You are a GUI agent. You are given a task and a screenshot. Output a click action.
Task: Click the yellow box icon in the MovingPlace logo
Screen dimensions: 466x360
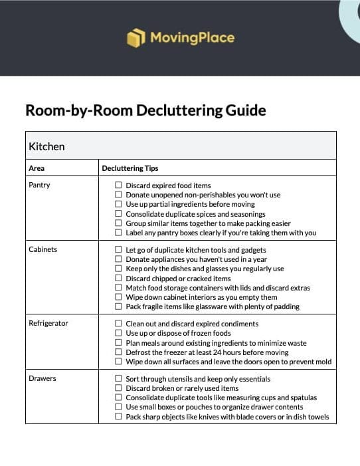pyautogui.click(x=135, y=38)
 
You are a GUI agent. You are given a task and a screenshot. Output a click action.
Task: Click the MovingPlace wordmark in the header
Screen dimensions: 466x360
pyautogui.click(x=192, y=38)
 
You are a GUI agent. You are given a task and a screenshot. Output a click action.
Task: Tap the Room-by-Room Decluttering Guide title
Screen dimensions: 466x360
pyautogui.click(x=145, y=110)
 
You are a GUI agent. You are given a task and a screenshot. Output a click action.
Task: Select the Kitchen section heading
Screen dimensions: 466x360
pyautogui.click(x=46, y=146)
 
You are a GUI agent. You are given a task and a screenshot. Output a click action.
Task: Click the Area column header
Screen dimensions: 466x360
pyautogui.click(x=37, y=168)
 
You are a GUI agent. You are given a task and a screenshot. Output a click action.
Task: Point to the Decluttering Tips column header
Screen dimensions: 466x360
pyautogui.click(x=130, y=168)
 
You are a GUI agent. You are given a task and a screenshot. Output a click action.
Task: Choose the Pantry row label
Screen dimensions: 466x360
pyautogui.click(x=39, y=185)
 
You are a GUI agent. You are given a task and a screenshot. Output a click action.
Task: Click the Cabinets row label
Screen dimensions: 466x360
pyautogui.click(x=43, y=249)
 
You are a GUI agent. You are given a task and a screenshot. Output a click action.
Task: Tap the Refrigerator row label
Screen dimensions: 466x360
pyautogui.click(x=48, y=323)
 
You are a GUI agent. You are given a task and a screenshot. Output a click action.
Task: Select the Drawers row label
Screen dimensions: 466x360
pyautogui.click(x=42, y=378)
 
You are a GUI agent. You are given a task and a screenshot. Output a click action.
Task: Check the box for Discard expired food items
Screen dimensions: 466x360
pyautogui.click(x=118, y=185)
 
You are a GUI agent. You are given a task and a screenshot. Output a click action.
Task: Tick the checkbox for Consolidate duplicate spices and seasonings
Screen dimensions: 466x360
pyautogui.click(x=118, y=214)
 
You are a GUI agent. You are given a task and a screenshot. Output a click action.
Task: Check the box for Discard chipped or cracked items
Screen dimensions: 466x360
pyautogui.click(x=118, y=278)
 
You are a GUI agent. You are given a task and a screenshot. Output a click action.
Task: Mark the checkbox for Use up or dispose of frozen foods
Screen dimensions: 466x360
pyautogui.click(x=118, y=333)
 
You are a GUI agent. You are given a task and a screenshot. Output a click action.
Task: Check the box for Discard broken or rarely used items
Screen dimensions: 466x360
pyautogui.click(x=118, y=388)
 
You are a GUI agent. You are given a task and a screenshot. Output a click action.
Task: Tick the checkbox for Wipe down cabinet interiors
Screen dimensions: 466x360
pyautogui.click(x=118, y=297)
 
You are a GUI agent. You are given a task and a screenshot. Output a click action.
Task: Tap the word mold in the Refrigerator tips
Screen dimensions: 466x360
pyautogui.click(x=323, y=362)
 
